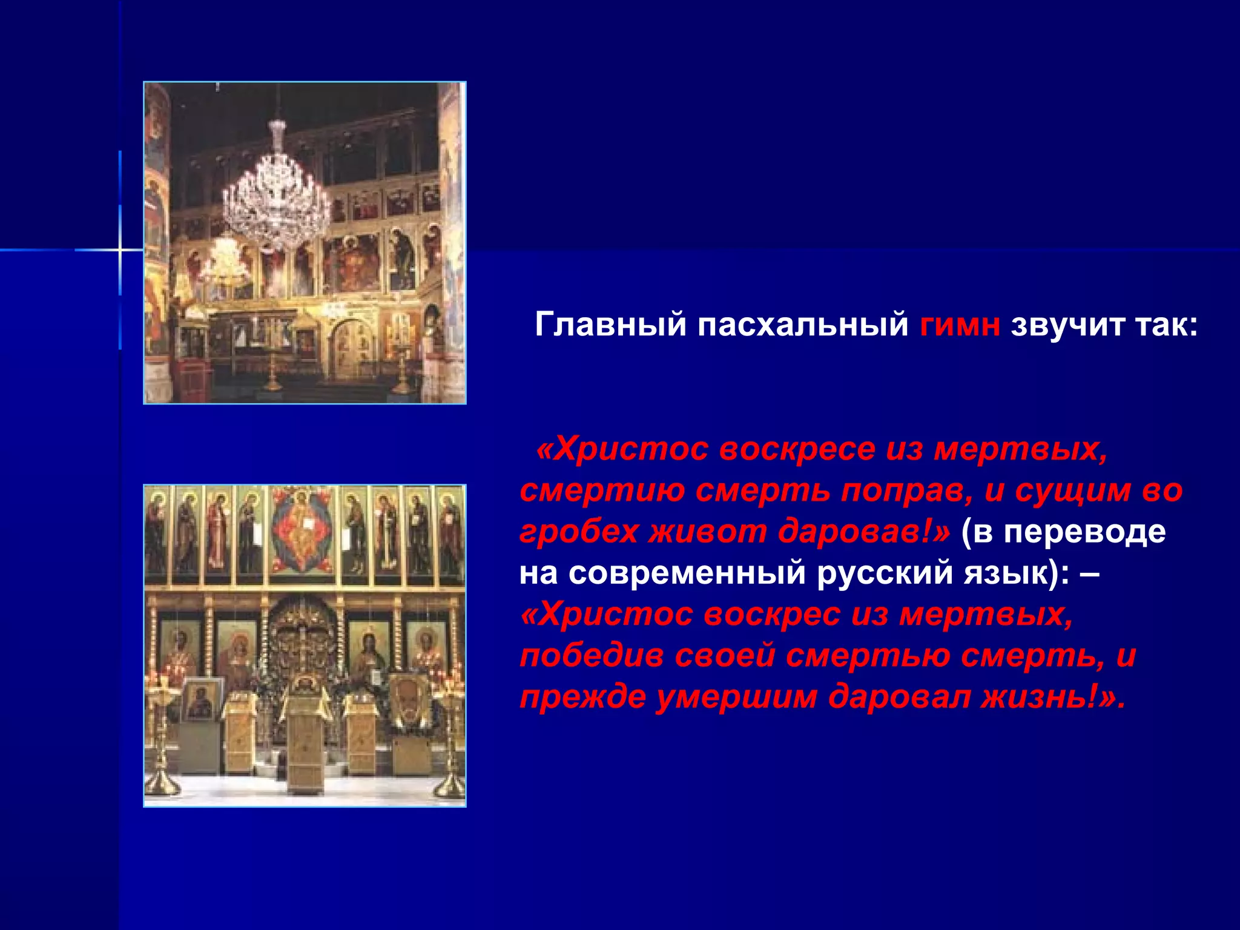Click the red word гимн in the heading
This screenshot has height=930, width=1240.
coord(959,325)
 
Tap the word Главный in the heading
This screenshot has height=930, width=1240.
coord(610,325)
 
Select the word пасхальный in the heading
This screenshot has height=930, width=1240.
coord(802,325)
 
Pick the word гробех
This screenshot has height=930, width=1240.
coord(578,532)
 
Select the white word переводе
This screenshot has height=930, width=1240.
coord(1084,532)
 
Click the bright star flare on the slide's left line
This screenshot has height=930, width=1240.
coord(120,249)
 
